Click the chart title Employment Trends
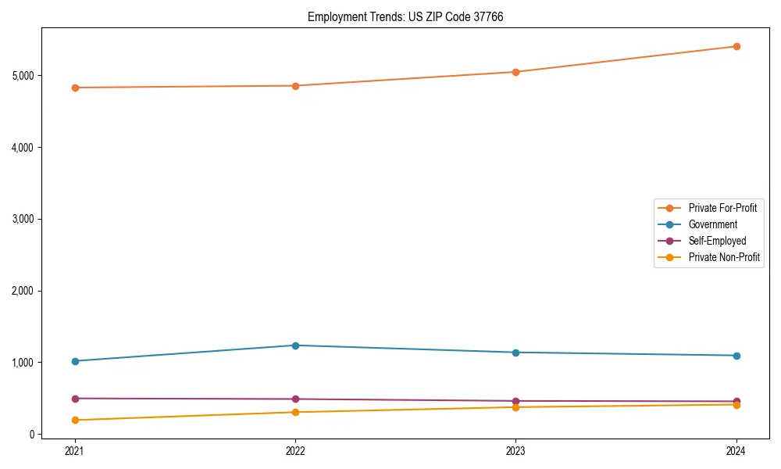405,16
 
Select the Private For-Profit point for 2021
75,88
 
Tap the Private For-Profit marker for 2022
295,86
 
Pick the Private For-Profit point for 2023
515,72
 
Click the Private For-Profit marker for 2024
736,46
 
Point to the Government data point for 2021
75,361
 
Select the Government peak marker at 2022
295,345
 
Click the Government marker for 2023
515,353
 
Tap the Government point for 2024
736,356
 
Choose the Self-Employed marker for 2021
75,399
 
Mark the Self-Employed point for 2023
515,401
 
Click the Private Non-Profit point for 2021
75,420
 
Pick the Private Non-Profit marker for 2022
295,412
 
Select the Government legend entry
712,224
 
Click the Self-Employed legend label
717,241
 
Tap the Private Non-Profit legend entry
724,257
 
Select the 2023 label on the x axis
515,450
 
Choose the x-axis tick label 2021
75,450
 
